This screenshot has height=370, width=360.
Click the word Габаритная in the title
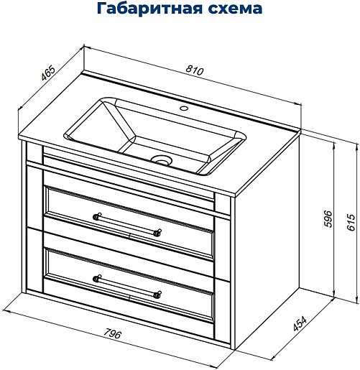tap(149, 8)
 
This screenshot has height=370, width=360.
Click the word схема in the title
tap(235, 9)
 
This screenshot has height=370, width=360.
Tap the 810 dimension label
tap(195, 70)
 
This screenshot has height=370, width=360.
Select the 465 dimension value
tap(48, 73)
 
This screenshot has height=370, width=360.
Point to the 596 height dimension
tap(328, 218)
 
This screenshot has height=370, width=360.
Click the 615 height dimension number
tap(351, 222)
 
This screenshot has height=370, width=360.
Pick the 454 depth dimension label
tap(300, 324)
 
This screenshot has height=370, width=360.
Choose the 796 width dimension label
tap(113, 333)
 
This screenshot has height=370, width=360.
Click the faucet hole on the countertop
tap(184, 108)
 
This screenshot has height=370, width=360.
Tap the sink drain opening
tap(162, 160)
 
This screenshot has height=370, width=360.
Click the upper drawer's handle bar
tap(127, 224)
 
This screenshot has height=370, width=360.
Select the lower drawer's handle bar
tap(127, 287)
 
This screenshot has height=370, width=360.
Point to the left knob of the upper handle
tap(96, 216)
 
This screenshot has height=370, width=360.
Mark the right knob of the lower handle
tap(158, 295)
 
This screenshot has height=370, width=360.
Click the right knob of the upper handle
tap(158, 232)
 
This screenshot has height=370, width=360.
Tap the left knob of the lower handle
tap(96, 279)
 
